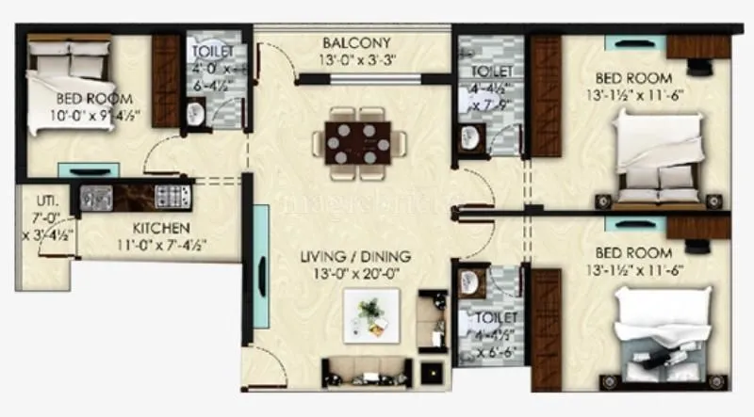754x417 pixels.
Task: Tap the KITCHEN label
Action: [161, 228]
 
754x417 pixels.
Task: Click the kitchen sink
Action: [95, 196]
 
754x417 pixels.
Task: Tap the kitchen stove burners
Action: [172, 196]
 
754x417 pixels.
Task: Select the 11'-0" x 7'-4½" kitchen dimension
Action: [161, 244]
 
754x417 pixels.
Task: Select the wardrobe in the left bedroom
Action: [166, 81]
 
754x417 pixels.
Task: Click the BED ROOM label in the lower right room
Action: [633, 253]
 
